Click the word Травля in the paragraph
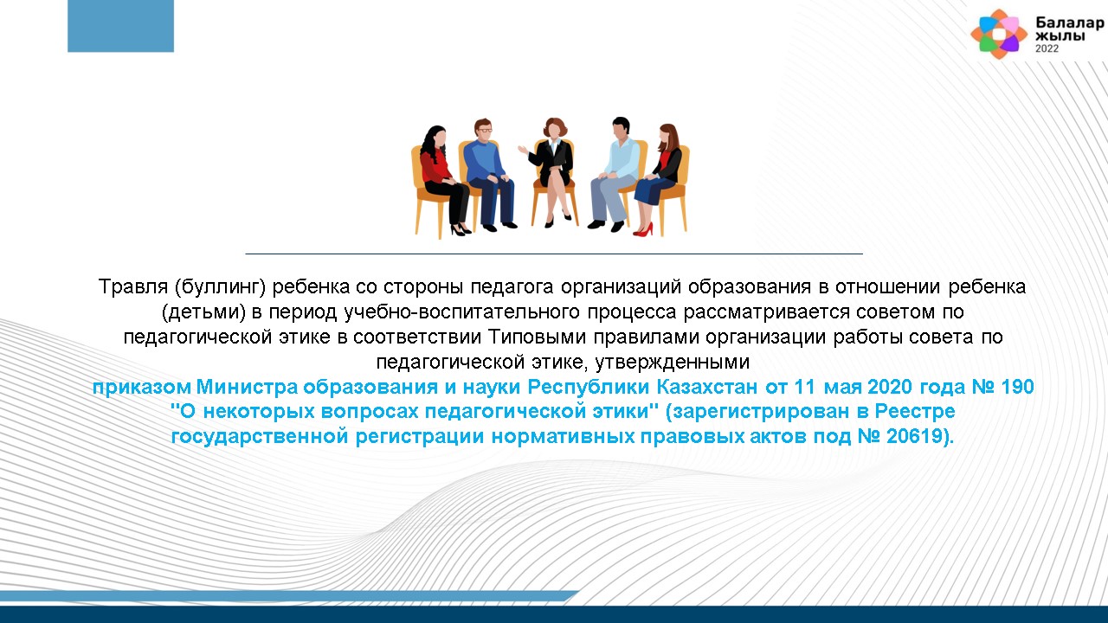pos(133,286)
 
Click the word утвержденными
pos(673,363)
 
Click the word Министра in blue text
pos(248,387)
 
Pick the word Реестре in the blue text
pos(915,411)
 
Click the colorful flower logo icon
pos(999,34)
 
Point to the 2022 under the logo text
pos(1047,48)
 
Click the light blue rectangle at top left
pos(120,26)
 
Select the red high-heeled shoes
pos(643,230)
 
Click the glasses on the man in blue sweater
pos(484,130)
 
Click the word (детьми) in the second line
pos(203,312)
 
